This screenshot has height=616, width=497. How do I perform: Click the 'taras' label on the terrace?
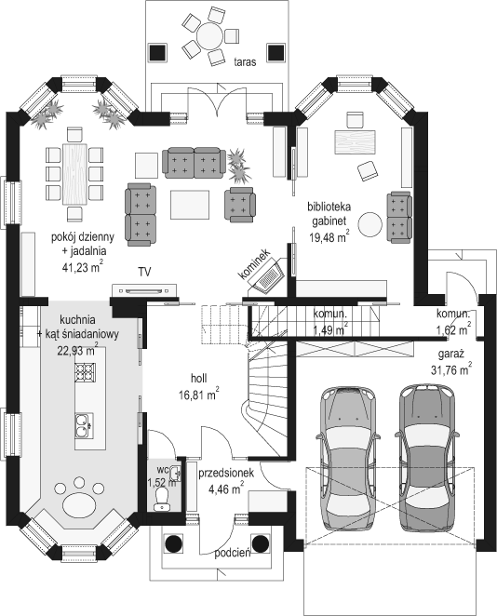point(245,61)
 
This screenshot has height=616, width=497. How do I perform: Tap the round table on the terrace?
point(210,36)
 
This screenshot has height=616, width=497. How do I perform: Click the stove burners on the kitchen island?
point(86,372)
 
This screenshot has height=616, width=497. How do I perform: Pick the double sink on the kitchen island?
point(84,425)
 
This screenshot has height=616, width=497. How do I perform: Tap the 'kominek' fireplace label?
point(254,263)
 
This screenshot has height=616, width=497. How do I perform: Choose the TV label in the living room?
point(144,273)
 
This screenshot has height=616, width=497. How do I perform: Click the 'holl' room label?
point(198,379)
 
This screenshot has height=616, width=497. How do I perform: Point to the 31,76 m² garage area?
point(451,369)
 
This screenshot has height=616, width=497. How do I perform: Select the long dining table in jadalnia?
point(74,174)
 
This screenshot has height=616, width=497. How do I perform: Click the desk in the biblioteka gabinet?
point(355,142)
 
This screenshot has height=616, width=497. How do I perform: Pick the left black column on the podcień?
point(174,543)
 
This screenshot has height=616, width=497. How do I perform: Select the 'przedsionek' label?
point(226,474)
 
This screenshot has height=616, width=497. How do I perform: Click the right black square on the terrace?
point(275,52)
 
